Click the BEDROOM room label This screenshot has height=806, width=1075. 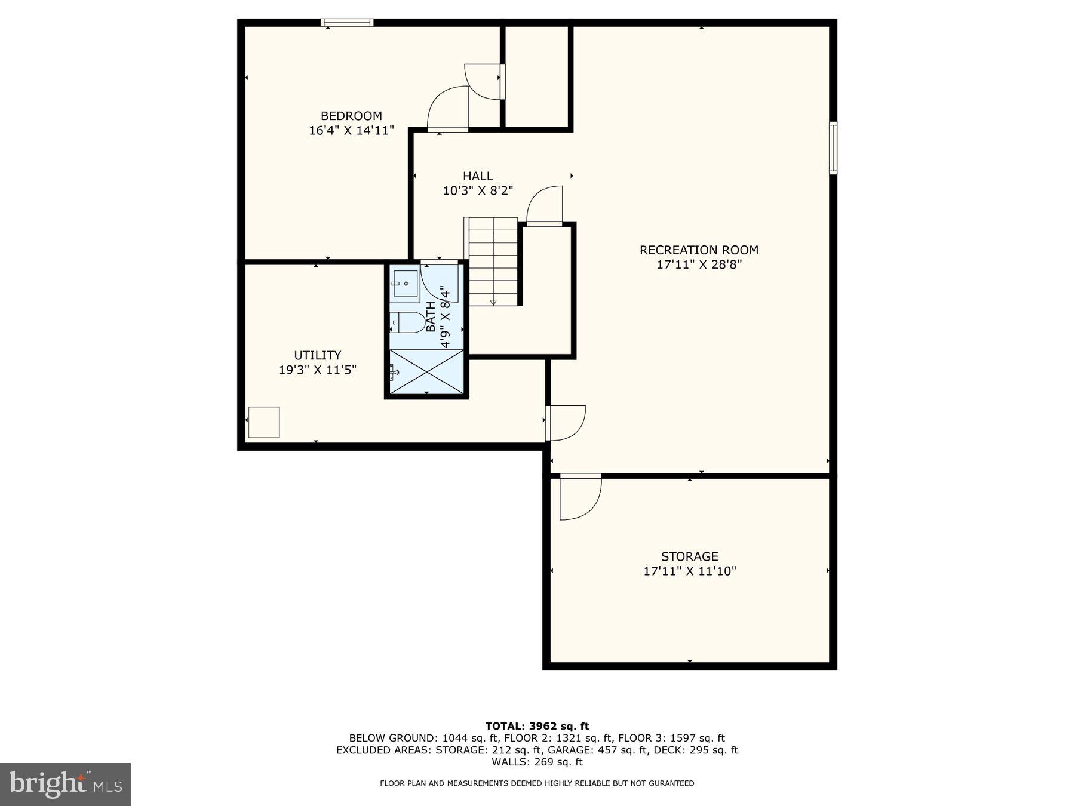(x=351, y=116)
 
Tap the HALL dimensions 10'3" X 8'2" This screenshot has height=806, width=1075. (x=478, y=191)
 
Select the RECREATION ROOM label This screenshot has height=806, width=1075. (x=699, y=250)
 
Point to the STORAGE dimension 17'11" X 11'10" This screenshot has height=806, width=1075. (x=689, y=571)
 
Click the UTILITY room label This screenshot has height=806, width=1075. (x=317, y=355)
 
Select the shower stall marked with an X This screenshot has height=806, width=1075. (x=426, y=372)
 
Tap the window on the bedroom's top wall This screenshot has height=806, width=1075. (x=347, y=23)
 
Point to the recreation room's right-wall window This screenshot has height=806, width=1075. (x=833, y=147)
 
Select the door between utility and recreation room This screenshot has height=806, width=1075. (x=564, y=423)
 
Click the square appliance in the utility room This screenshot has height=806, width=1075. (x=263, y=422)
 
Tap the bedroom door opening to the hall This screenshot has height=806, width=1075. (x=448, y=109)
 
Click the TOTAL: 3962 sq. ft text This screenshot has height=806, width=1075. (x=537, y=726)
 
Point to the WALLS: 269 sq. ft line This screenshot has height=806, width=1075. (x=537, y=762)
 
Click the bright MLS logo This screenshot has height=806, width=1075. (x=65, y=784)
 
